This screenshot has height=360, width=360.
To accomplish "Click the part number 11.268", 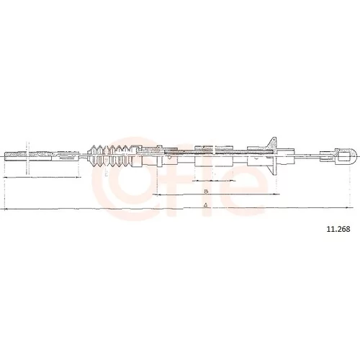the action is click(338, 229).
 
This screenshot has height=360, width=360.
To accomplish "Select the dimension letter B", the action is click(206, 192).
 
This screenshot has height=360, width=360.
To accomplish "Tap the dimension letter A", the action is click(205, 205).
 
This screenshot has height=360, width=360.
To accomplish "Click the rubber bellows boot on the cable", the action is click(111, 156).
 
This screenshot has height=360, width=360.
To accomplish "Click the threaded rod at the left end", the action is click(28, 156).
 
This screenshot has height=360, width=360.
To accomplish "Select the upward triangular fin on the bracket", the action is click(272, 143).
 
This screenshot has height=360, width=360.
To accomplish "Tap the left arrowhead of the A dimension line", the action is click(6, 209).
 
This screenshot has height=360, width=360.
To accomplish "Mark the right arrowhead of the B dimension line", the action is click(276, 194).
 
